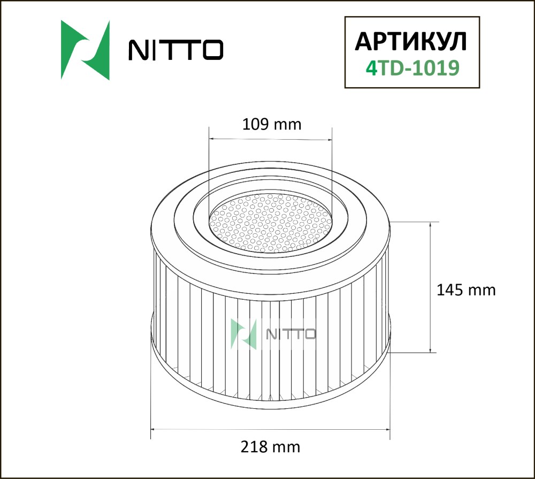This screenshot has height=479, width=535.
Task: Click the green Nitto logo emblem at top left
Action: [x=85, y=50]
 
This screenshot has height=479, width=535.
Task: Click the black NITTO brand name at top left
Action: [x=175, y=50]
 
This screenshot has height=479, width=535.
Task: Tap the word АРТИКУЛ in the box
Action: [x=411, y=42]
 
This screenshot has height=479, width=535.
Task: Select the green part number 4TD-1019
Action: [x=412, y=68]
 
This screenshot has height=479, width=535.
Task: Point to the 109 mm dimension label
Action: [x=272, y=124]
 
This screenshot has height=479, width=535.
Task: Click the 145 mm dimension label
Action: [x=466, y=290]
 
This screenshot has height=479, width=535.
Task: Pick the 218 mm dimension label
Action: [x=270, y=447]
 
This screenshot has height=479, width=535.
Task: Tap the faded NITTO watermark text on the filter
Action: [x=291, y=334]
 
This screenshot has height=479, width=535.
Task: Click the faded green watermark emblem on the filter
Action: [x=243, y=334]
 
